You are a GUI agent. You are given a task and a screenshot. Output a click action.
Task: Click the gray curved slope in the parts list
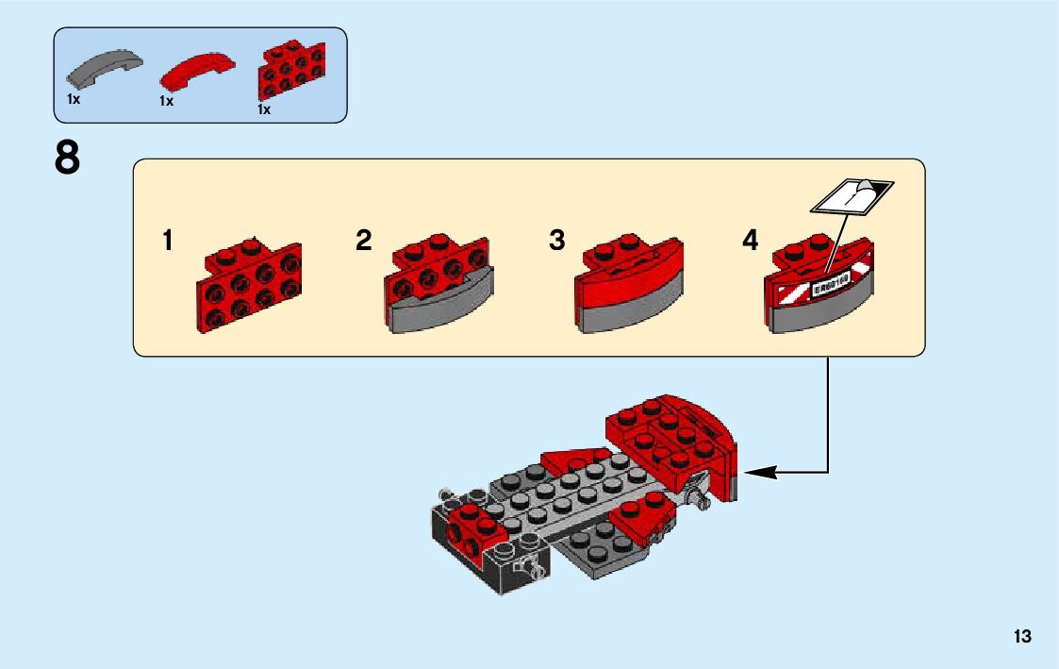(104, 69)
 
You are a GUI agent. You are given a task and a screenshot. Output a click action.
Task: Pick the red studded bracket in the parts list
(290, 71)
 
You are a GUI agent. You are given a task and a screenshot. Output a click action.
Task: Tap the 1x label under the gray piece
(74, 98)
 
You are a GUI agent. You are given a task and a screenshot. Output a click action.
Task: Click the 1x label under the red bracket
(264, 109)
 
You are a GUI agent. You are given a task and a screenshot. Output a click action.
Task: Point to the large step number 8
(68, 158)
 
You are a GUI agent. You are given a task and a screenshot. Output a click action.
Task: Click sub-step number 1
(168, 241)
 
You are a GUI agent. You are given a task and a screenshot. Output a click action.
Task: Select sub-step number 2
(364, 241)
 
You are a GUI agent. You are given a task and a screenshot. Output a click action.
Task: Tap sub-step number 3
(557, 241)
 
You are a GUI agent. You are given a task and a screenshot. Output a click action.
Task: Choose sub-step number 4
(751, 241)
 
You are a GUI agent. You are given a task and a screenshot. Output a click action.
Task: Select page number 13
(1023, 637)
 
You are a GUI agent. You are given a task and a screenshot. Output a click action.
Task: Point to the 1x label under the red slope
(167, 101)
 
